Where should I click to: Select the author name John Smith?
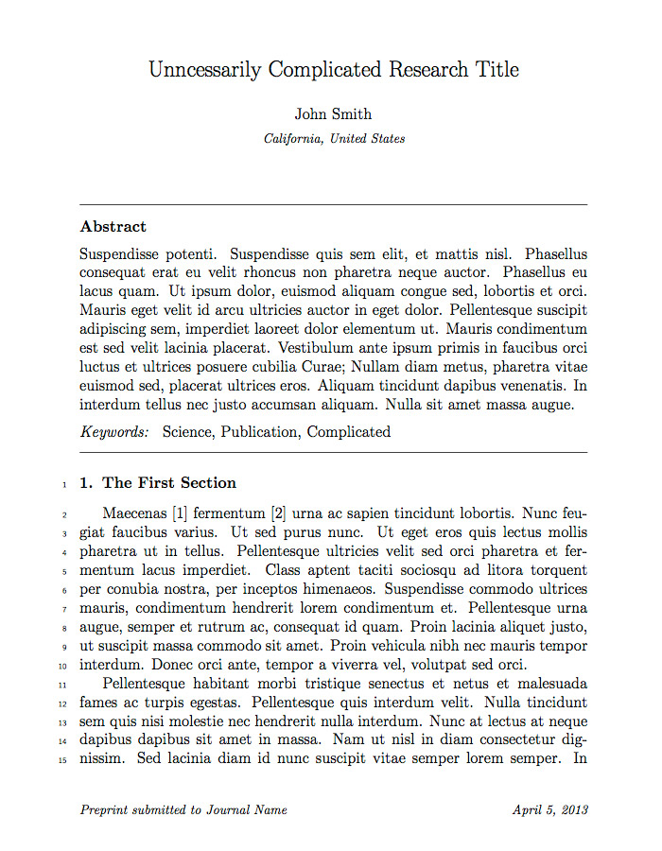tap(333, 114)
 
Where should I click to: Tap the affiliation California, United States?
tap(335, 139)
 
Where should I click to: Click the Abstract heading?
tap(113, 227)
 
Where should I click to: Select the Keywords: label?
tap(114, 432)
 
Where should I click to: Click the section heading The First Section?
tap(169, 483)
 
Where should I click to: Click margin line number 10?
tap(62, 665)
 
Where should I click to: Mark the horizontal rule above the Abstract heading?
tap(334, 204)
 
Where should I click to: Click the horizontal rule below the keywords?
tap(334, 453)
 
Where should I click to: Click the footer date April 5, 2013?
tap(549, 810)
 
